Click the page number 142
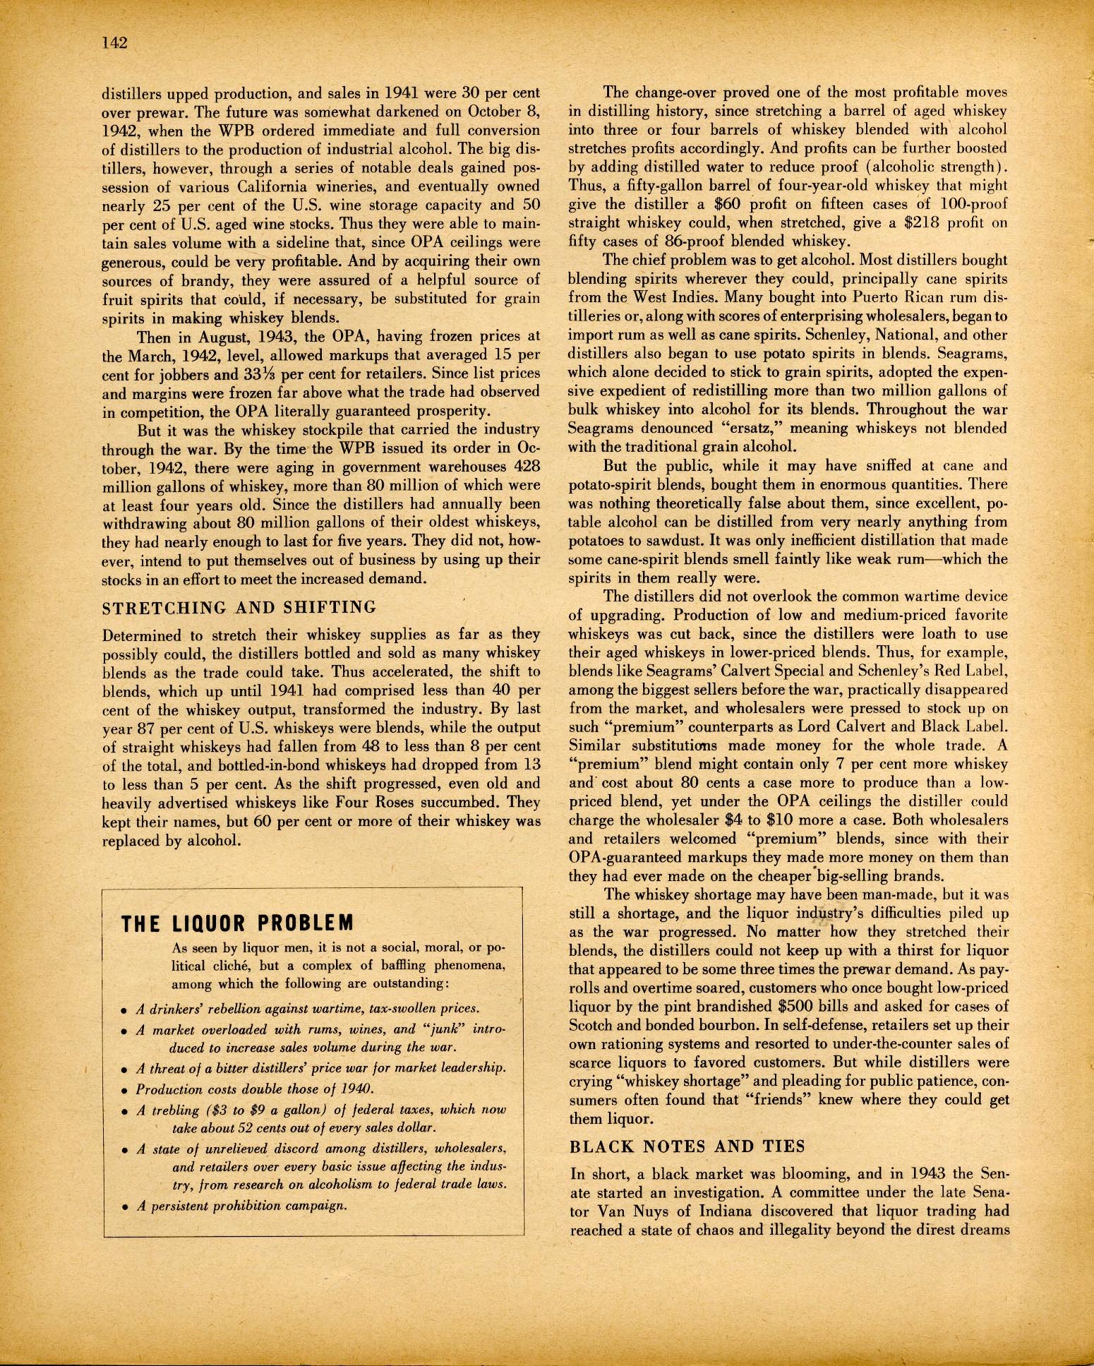[x=114, y=42]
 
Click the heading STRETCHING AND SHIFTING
[x=240, y=607]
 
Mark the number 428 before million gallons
[x=526, y=467]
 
